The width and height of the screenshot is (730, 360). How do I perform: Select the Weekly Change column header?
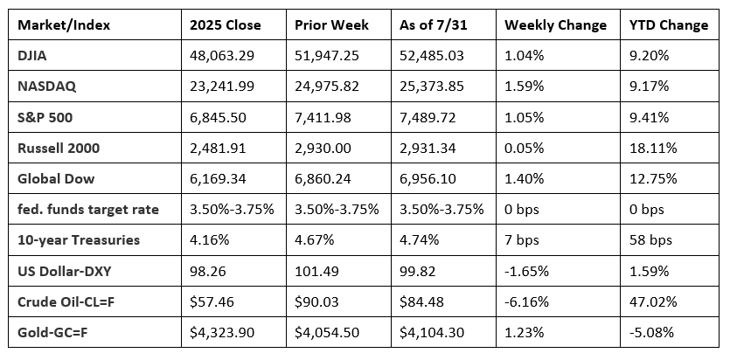pyautogui.click(x=555, y=25)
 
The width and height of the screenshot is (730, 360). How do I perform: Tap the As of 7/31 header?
pyautogui.click(x=433, y=24)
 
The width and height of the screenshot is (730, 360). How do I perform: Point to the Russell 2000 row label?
pyautogui.click(x=59, y=148)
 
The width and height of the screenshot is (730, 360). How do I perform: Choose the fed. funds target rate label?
pyautogui.click(x=88, y=210)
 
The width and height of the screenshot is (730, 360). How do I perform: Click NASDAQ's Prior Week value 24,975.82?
pyautogui.click(x=327, y=87)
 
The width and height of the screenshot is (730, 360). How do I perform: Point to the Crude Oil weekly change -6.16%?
pyautogui.click(x=526, y=301)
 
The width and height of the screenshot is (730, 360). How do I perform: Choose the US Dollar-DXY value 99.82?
pyautogui.click(x=417, y=271)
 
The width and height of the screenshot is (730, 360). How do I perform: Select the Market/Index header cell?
pyautogui.click(x=64, y=25)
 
